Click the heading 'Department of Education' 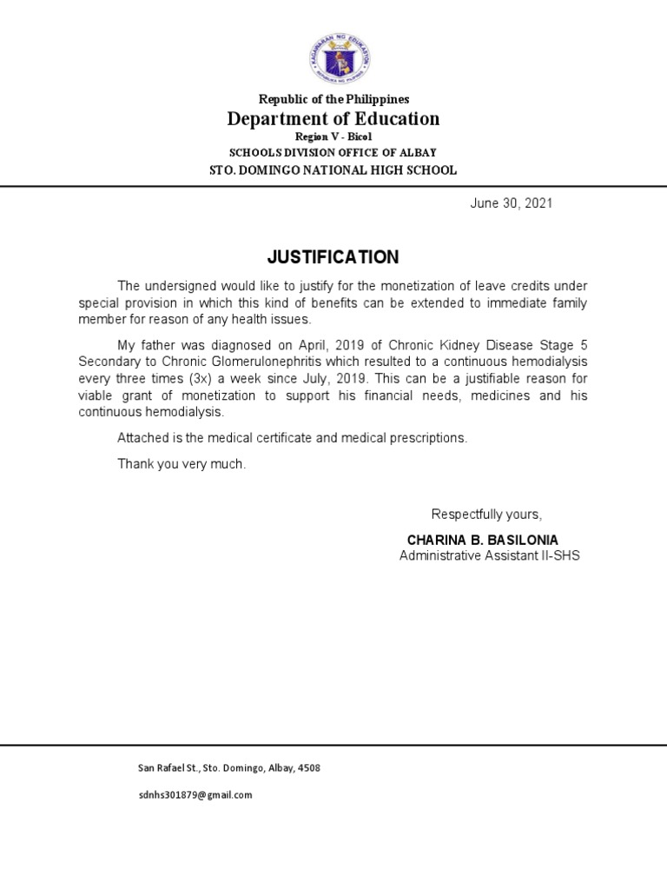point(333,119)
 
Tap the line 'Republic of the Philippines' point(333,100)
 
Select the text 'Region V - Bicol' point(333,137)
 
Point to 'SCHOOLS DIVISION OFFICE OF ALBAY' point(333,153)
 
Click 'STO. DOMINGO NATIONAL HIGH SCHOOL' point(333,170)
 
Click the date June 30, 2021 point(512,203)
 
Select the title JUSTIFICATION point(333,257)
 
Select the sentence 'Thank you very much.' point(182,464)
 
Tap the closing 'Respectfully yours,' point(486,514)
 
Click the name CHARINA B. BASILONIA point(483,540)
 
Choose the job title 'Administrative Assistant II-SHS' point(489,555)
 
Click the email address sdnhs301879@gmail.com point(195,794)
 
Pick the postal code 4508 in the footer point(308,768)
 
